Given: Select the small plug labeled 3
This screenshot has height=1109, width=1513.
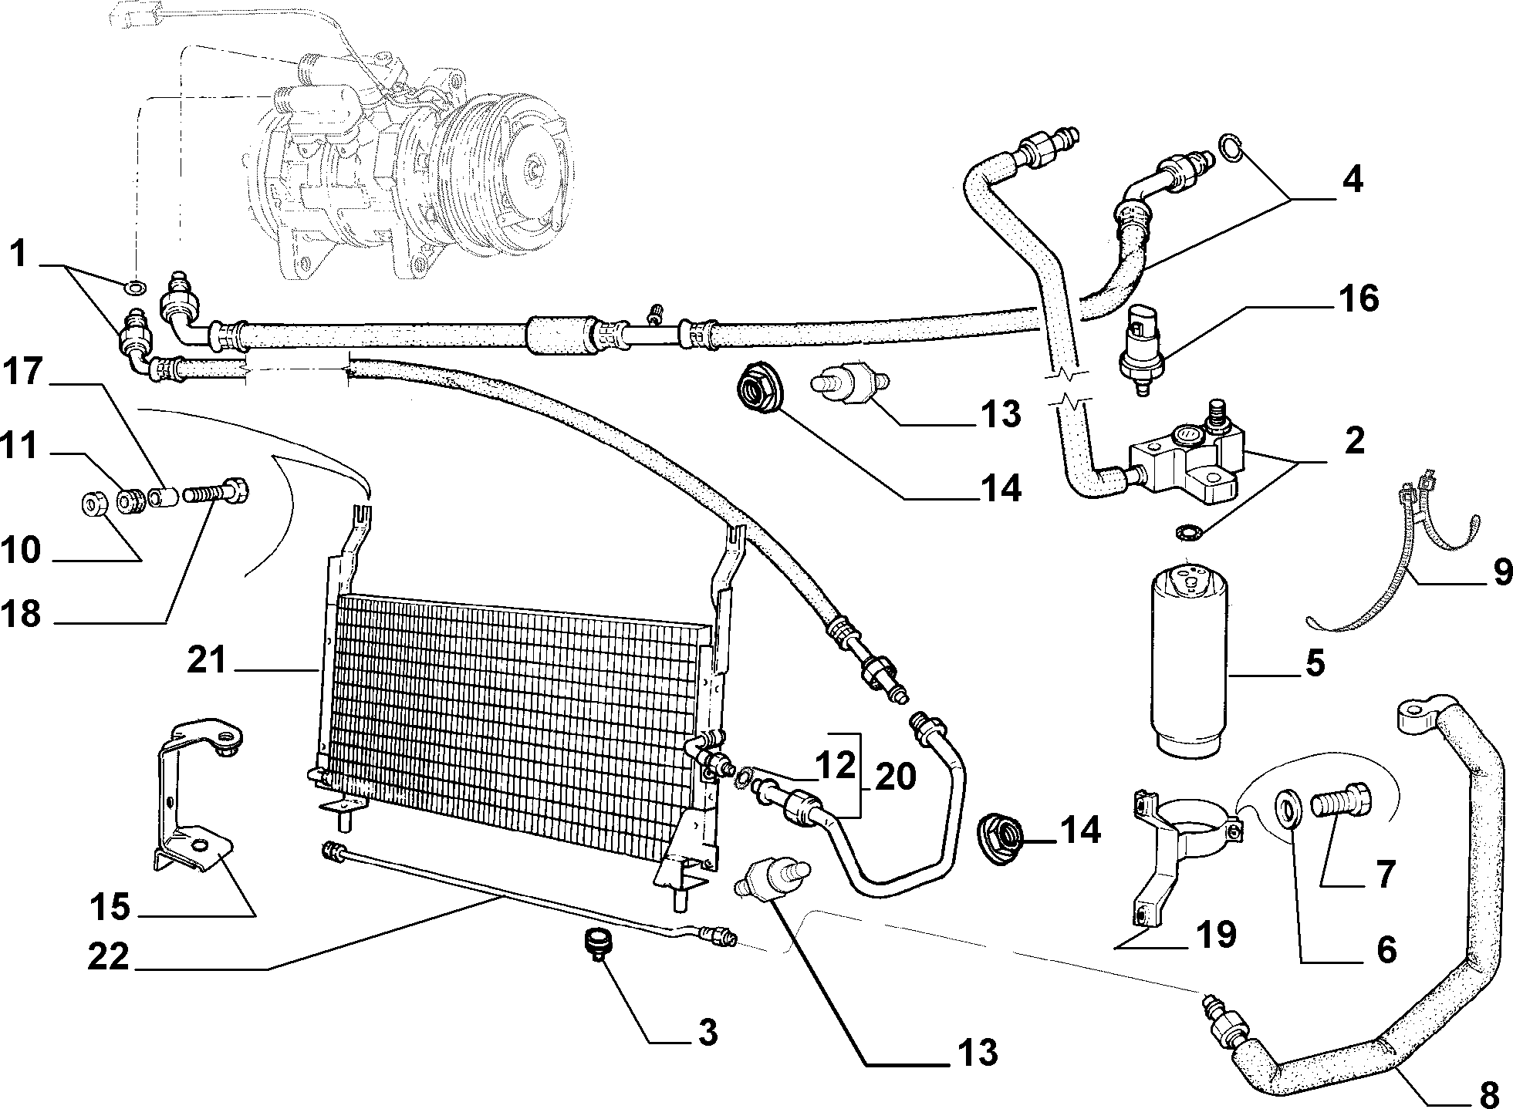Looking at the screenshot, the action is click(596, 946).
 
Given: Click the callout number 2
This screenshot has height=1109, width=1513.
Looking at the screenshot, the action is click(1354, 440).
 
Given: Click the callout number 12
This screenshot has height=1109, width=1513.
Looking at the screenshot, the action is click(835, 765).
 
